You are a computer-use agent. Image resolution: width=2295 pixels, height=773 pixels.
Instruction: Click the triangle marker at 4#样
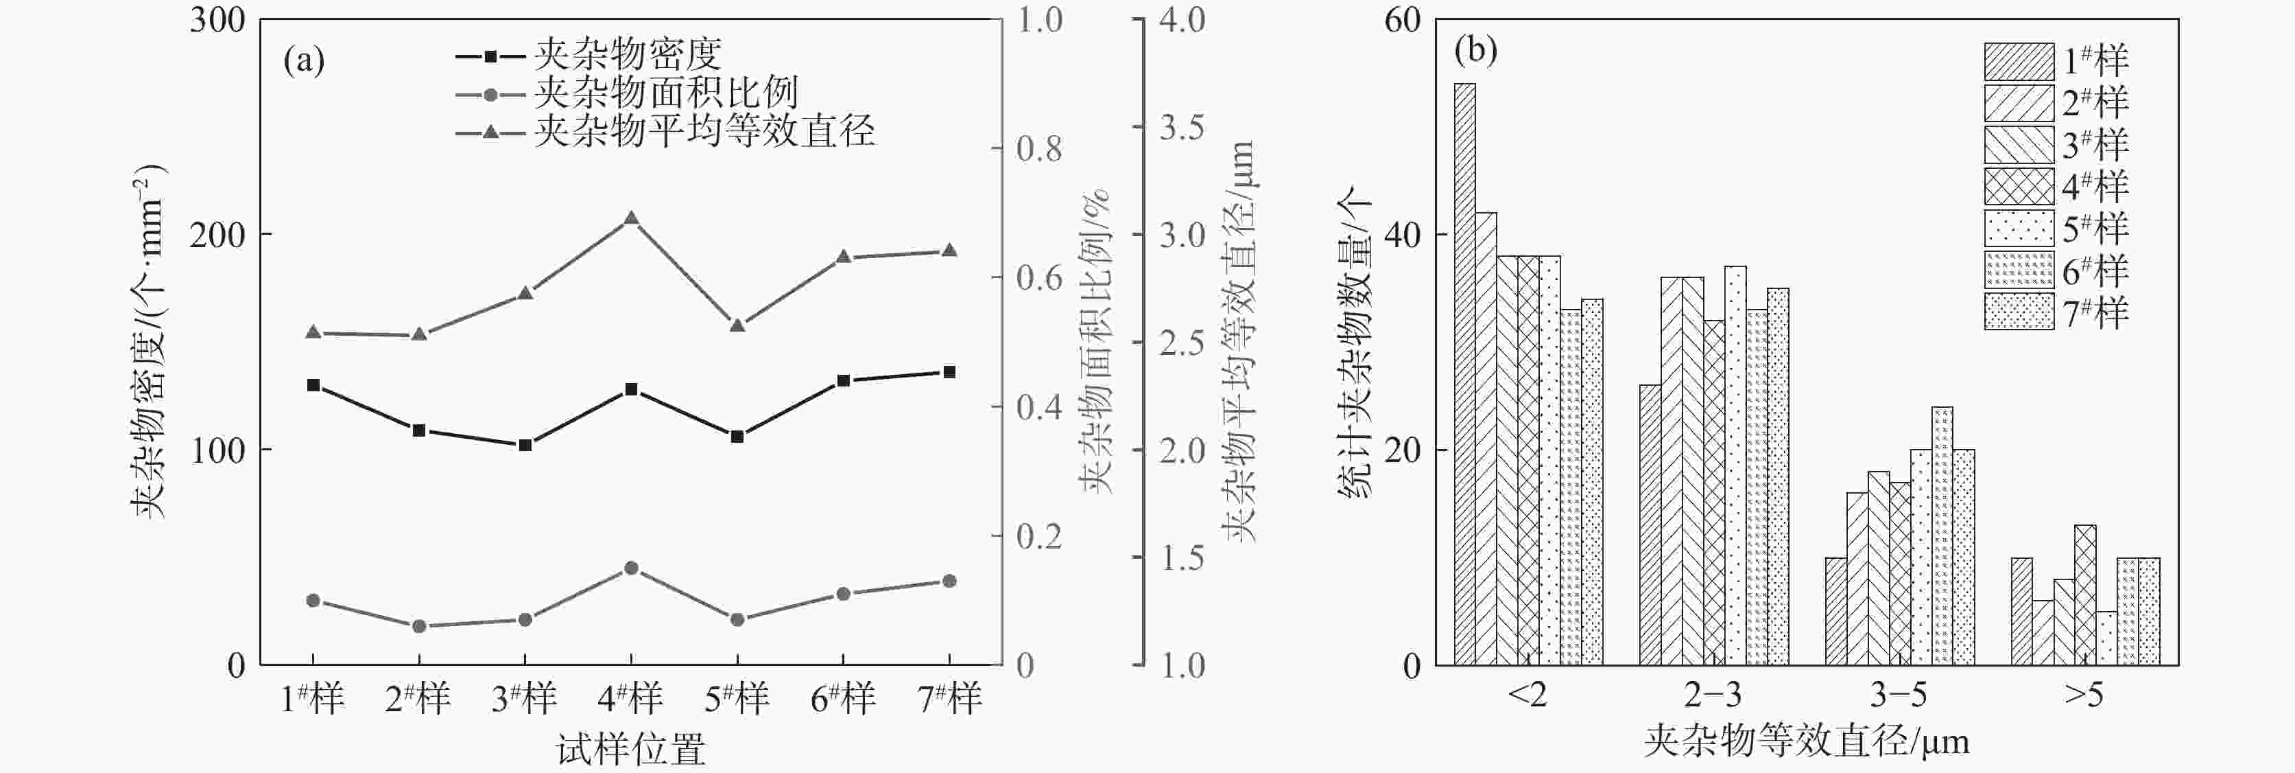[x=631, y=218]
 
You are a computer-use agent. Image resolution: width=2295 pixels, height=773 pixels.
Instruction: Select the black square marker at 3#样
[x=525, y=445]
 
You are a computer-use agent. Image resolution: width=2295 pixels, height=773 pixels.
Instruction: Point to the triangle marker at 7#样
[x=949, y=251]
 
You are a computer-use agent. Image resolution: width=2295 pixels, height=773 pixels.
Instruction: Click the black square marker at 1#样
[x=313, y=385]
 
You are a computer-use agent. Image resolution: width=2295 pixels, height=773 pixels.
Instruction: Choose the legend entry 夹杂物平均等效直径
[x=704, y=132]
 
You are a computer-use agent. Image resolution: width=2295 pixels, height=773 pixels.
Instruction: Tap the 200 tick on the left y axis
[x=217, y=235]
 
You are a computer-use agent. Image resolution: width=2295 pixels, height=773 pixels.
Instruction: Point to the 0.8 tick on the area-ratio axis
[x=1039, y=149]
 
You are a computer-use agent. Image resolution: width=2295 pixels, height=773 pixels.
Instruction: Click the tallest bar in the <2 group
[x=1464, y=374]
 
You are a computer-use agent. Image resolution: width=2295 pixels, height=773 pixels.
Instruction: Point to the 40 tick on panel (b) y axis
[x=1402, y=235]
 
